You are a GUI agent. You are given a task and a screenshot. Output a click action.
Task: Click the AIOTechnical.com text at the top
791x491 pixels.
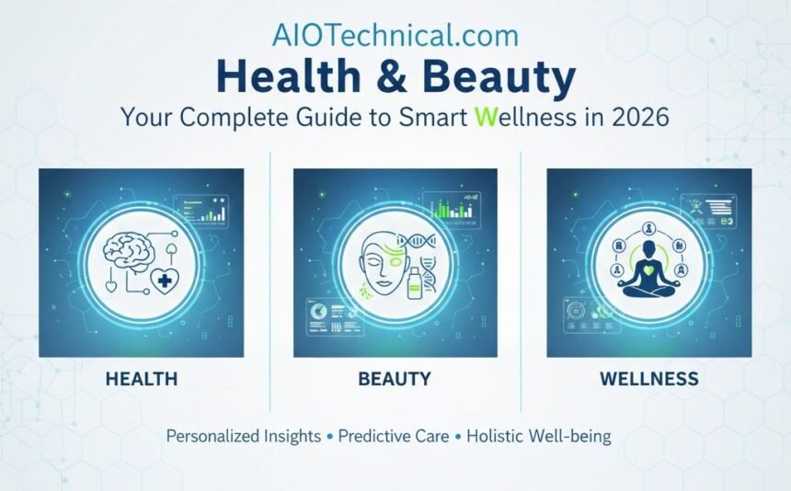pos(395,35)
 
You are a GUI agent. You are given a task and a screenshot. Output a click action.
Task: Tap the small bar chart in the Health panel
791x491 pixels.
pos(205,212)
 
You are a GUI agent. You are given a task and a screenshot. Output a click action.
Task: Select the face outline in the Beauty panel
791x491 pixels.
pos(369,262)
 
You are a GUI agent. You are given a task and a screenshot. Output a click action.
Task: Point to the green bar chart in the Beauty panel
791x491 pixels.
pos(452,209)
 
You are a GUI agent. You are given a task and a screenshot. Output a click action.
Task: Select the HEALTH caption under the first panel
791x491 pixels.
pos(142,379)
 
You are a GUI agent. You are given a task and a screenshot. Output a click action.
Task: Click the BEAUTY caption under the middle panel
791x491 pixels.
pos(395,379)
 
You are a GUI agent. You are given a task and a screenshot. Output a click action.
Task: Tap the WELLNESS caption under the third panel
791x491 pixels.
pos(648,379)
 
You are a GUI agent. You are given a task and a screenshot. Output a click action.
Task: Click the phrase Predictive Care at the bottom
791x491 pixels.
pos(393,437)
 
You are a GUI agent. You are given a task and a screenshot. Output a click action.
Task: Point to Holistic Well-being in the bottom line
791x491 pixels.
pos(538,437)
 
